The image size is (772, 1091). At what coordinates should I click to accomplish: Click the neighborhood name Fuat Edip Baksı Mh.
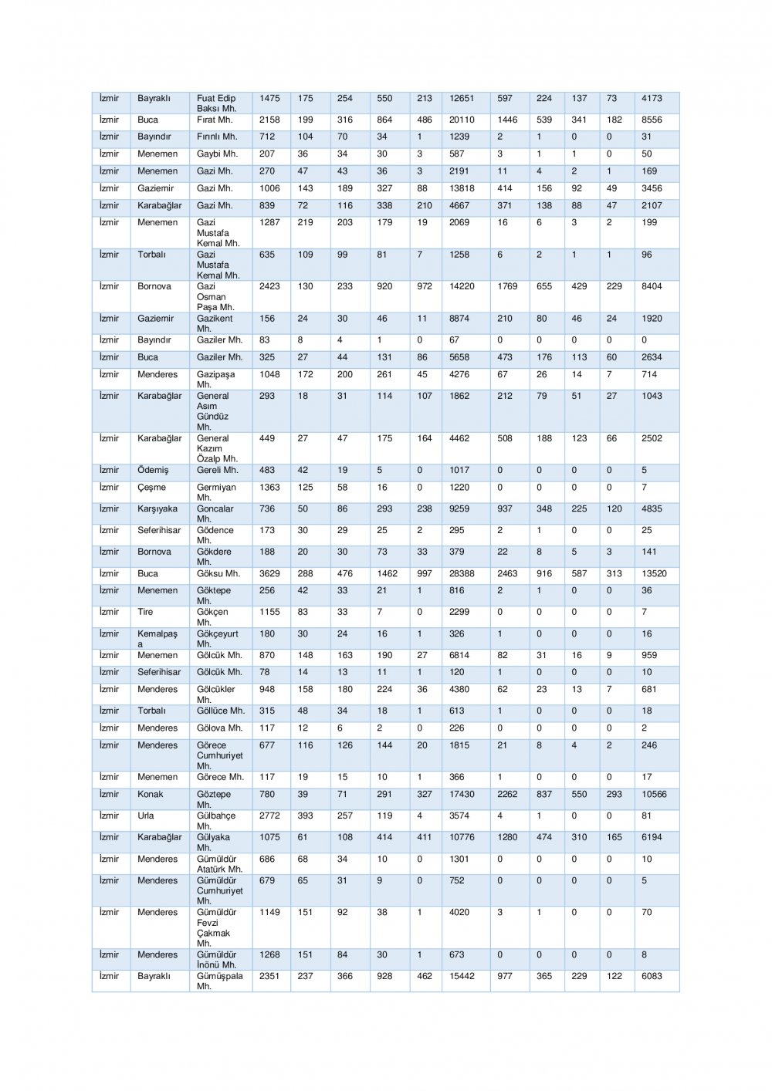pyautogui.click(x=216, y=103)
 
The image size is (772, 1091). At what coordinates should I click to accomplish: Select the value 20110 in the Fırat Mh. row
pyautogui.click(x=462, y=120)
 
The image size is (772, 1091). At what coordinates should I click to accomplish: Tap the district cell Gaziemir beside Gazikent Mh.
pyautogui.click(x=155, y=319)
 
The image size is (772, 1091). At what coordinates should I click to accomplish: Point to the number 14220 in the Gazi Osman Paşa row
pyautogui.click(x=462, y=286)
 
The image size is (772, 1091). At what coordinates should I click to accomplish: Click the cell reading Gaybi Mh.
pyautogui.click(x=217, y=154)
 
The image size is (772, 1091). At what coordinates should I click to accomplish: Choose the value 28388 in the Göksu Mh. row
pyautogui.click(x=462, y=574)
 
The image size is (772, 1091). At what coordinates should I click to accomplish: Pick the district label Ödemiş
pyautogui.click(x=153, y=470)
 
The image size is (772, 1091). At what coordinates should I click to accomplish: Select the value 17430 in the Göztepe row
pyautogui.click(x=462, y=795)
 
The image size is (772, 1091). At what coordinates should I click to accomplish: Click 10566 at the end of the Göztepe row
pyautogui.click(x=654, y=795)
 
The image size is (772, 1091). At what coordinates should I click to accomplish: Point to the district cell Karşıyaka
pyautogui.click(x=157, y=509)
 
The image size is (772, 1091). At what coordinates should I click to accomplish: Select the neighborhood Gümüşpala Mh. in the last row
pyautogui.click(x=219, y=981)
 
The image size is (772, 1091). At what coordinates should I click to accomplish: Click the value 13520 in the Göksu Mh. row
pyautogui.click(x=654, y=574)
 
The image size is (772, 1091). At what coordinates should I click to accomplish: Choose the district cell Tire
pyautogui.click(x=145, y=613)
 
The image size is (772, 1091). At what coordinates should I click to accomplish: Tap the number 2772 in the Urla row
pyautogui.click(x=269, y=816)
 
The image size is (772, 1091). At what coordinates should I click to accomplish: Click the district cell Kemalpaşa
pyautogui.click(x=157, y=639)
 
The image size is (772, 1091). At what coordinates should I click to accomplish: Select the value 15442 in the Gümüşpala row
pyautogui.click(x=462, y=977)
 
